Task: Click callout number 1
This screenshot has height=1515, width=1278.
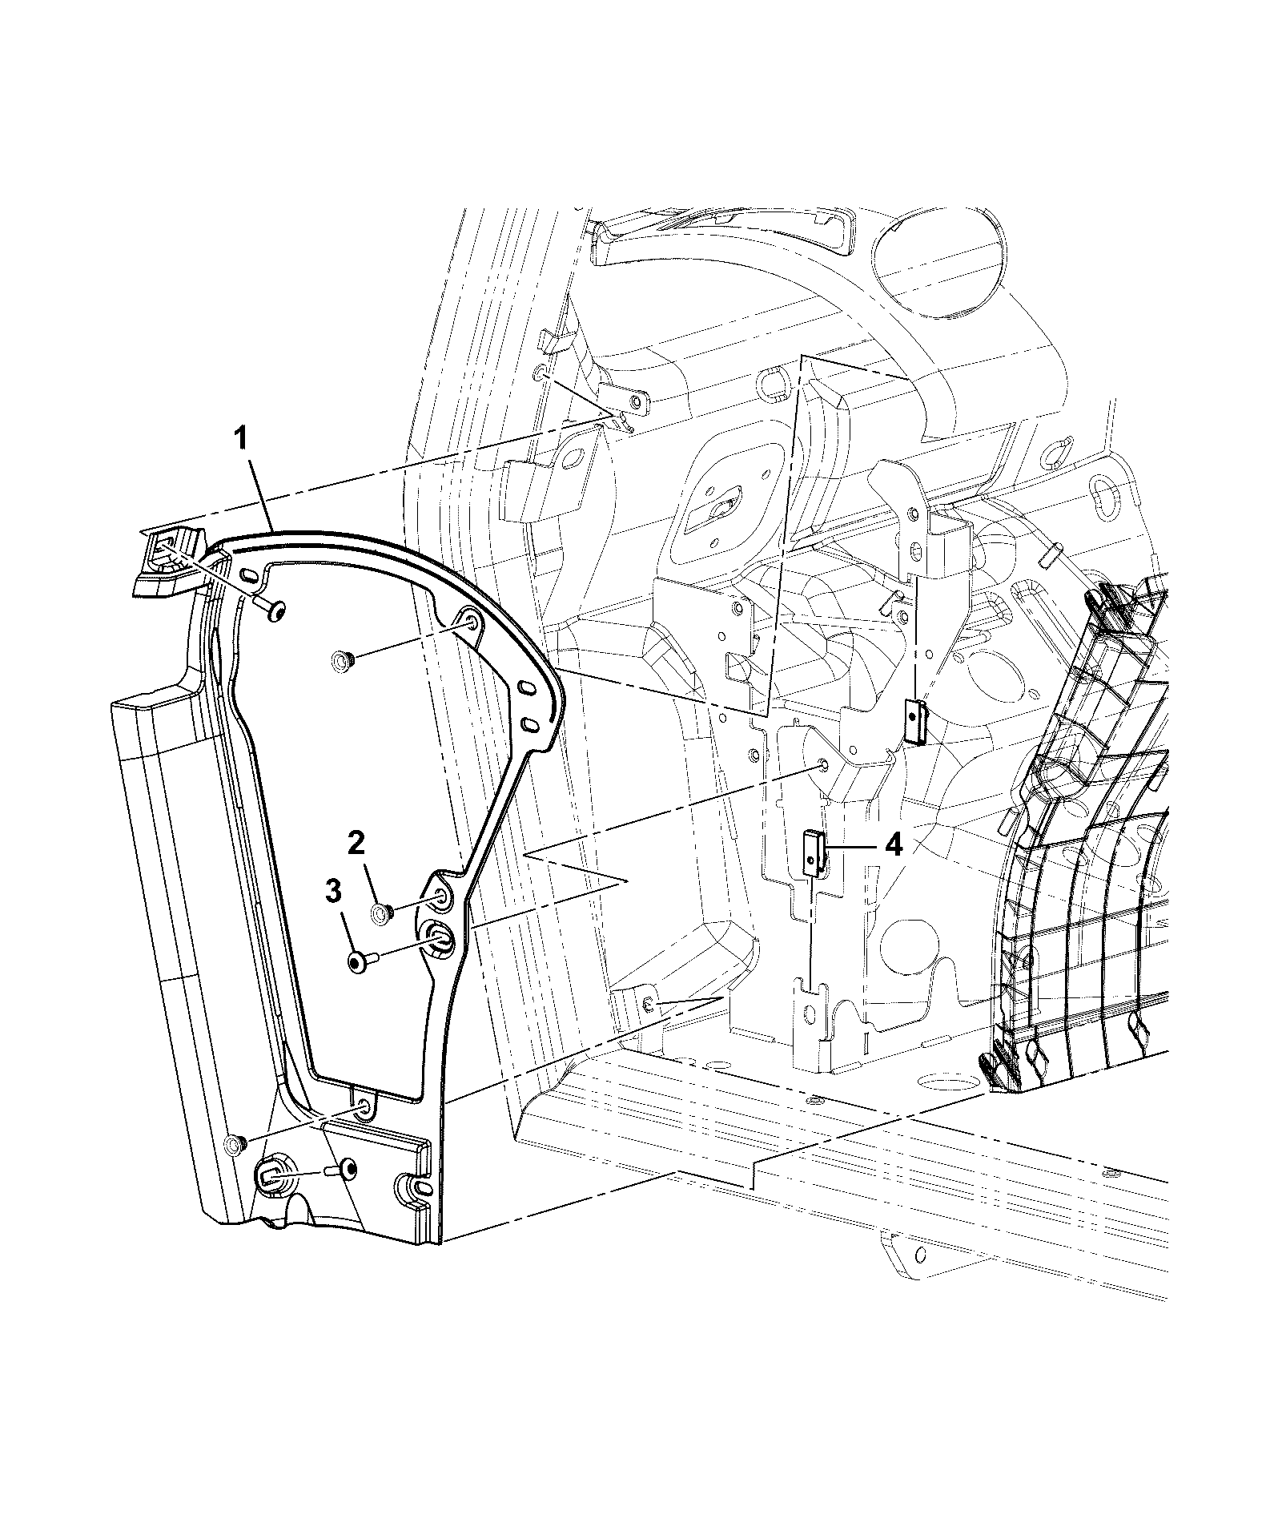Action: click(242, 440)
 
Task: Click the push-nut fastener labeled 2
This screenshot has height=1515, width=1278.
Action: click(382, 913)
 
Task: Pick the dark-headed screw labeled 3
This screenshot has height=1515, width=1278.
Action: click(360, 961)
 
